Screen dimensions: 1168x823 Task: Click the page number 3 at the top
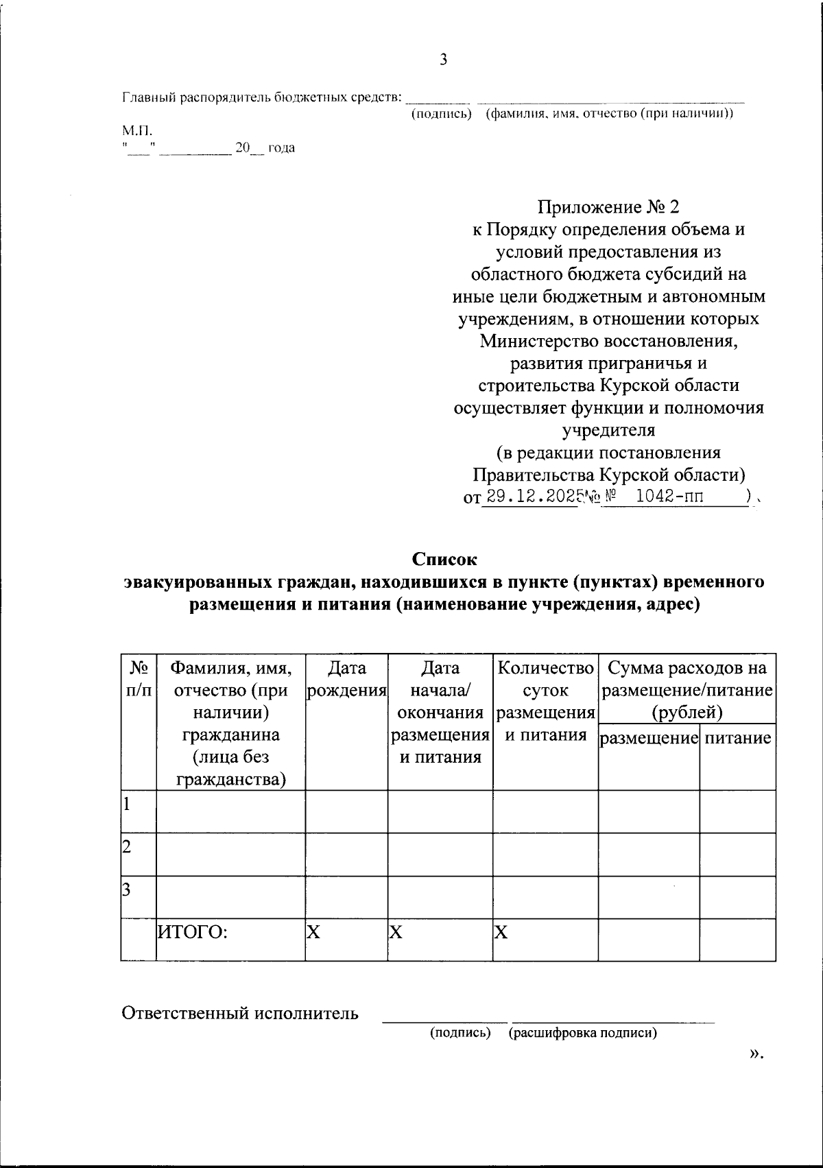(x=443, y=60)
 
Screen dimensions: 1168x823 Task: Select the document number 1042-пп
(x=669, y=497)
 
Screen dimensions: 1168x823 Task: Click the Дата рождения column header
(x=346, y=679)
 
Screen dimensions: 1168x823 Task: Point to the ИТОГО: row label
(x=193, y=931)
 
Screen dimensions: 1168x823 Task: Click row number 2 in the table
(x=127, y=846)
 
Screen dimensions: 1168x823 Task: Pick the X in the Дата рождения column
(x=313, y=931)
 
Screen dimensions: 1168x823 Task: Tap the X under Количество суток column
(x=501, y=931)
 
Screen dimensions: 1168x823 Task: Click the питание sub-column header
(x=737, y=738)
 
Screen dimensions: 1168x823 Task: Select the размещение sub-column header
(x=649, y=738)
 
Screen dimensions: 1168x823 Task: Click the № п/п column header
(x=139, y=679)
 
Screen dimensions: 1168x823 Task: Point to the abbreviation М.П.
(x=138, y=130)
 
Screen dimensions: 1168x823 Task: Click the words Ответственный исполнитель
(x=240, y=1013)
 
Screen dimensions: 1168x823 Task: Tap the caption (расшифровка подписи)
(x=582, y=1033)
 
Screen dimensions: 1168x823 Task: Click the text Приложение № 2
(x=608, y=207)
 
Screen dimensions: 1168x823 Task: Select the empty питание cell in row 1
(x=737, y=811)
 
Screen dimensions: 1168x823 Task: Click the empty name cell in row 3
(x=230, y=897)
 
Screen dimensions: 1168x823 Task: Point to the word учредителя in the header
(x=608, y=430)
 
